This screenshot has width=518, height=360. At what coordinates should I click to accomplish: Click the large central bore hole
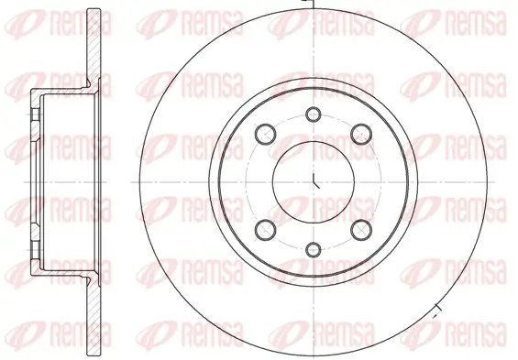[x=314, y=181]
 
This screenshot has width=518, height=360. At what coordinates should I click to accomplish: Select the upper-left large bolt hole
[x=265, y=134]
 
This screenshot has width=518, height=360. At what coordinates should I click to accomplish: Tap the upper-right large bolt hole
[x=361, y=134]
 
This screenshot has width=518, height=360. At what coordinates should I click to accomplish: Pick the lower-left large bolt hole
[x=265, y=230]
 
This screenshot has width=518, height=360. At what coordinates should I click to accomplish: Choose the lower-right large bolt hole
[x=361, y=230]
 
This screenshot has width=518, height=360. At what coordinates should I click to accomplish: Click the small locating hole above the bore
[x=314, y=115]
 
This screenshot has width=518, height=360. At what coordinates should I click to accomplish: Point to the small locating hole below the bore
[x=314, y=249]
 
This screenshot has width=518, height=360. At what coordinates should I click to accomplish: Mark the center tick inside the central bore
[x=315, y=181]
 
